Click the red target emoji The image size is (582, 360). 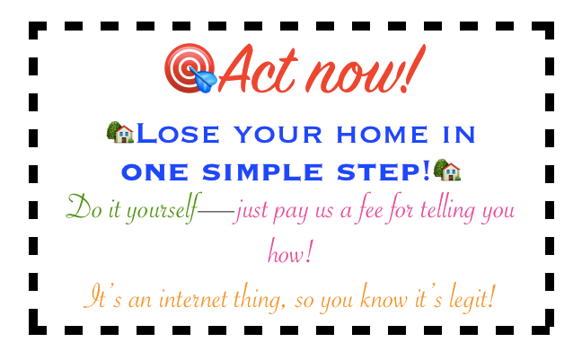[x=186, y=68]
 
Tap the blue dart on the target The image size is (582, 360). [x=206, y=82]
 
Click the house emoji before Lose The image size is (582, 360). [x=119, y=134]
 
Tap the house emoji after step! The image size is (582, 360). [x=447, y=169]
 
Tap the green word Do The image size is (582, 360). [x=79, y=211]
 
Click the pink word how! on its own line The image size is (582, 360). [x=290, y=251]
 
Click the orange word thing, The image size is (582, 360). [x=264, y=297]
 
